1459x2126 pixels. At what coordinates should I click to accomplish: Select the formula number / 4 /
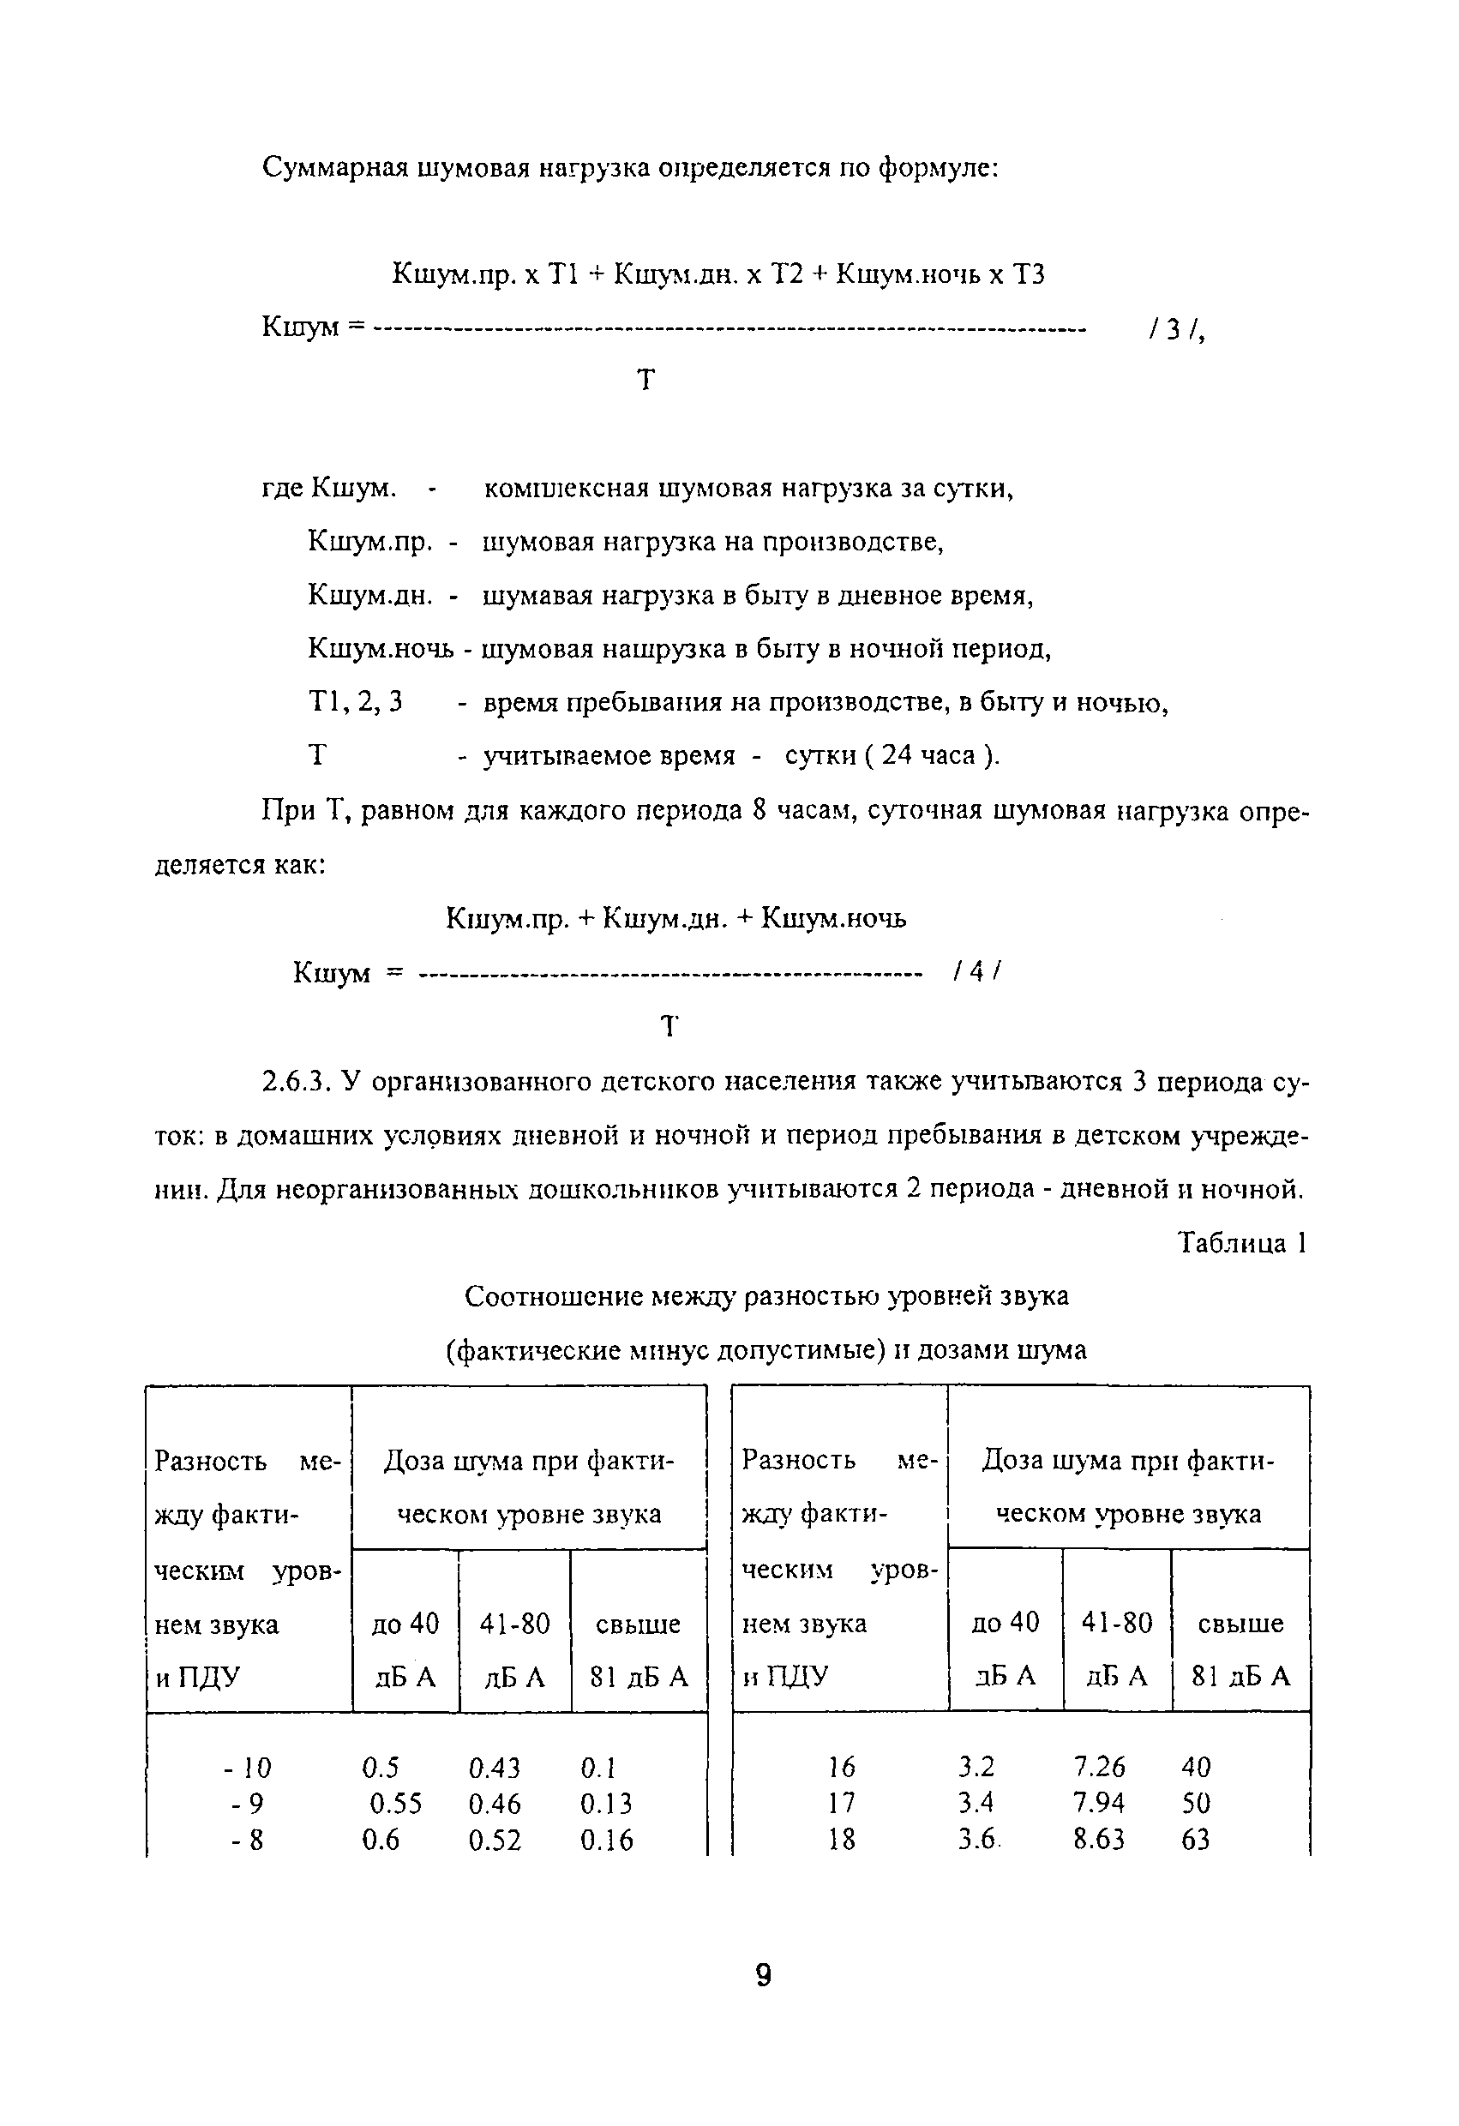[x=977, y=971]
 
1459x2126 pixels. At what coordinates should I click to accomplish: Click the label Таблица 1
[x=1241, y=1242]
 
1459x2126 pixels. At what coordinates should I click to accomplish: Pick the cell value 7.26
[x=1100, y=1767]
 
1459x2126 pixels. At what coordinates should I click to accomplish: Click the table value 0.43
[x=494, y=1768]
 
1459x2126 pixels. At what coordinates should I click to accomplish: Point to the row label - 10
[x=247, y=1768]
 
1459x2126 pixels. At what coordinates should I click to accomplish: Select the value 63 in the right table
[x=1196, y=1840]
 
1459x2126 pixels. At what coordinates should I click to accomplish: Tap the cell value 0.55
[x=395, y=1804]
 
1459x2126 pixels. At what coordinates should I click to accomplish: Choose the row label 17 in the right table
[x=842, y=1803]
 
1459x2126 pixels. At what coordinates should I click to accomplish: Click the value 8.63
[x=1100, y=1840]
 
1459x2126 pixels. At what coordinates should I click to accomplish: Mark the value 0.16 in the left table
[x=606, y=1841]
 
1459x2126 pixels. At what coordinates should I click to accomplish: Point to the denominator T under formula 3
[x=645, y=379]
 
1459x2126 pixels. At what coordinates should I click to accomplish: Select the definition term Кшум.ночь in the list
[x=381, y=649]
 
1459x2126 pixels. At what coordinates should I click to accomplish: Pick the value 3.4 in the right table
[x=976, y=1803]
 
